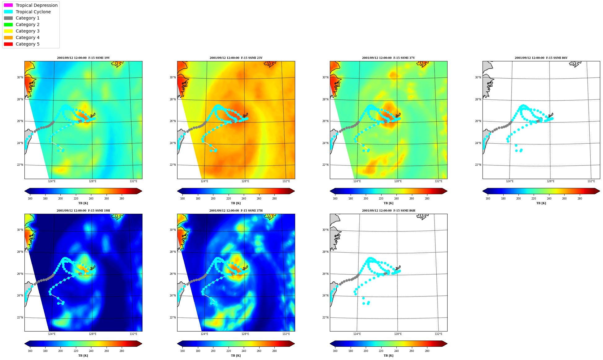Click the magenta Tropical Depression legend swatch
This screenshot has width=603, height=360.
coord(8,5)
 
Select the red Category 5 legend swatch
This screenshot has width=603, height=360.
coord(8,44)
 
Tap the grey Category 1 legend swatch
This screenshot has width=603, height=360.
coord(8,18)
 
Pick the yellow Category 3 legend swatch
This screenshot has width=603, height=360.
coord(8,31)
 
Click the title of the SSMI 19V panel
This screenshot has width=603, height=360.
coord(83,58)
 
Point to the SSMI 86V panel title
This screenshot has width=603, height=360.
coord(541,58)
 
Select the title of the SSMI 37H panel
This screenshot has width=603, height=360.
coord(236,211)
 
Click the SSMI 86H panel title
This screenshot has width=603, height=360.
coord(388,211)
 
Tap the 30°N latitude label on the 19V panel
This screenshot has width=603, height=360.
coord(20,77)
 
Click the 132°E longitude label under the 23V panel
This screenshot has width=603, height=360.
coord(286,181)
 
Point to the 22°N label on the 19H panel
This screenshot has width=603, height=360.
coord(20,318)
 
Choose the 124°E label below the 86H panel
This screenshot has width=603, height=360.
coord(357,334)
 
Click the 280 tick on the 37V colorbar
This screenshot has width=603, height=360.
coord(427,199)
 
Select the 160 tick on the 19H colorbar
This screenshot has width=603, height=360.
coord(30,351)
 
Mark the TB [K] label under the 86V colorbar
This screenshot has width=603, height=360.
coord(541,203)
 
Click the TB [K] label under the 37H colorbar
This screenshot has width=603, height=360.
coord(236,356)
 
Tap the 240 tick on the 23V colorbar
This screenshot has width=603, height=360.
coord(244,199)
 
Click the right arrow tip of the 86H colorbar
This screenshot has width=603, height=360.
coord(447,344)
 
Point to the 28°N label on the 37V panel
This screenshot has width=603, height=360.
coord(325,99)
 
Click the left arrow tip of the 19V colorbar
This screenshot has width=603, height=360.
coord(25,191)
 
